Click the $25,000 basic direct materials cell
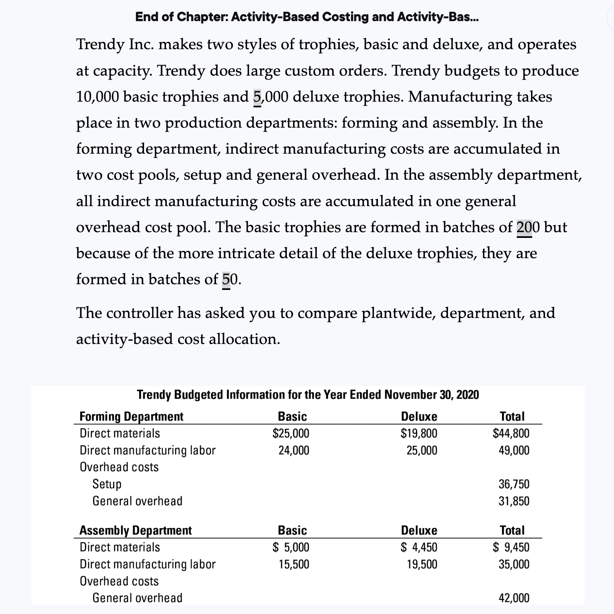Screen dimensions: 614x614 tap(291, 433)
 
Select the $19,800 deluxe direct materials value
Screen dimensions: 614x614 tap(419, 433)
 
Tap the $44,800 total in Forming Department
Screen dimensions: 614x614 tap(511, 433)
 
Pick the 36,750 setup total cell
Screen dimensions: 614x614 tap(514, 484)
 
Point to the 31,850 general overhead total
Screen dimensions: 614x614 tap(514, 501)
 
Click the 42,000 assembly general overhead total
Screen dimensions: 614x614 tap(514, 598)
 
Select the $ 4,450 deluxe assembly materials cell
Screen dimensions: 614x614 tap(419, 547)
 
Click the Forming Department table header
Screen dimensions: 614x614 tap(131, 416)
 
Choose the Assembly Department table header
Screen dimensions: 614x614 tap(135, 530)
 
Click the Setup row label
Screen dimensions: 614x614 tap(107, 484)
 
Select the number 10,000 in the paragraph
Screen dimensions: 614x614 tap(97, 97)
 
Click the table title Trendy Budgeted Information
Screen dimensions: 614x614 tap(308, 394)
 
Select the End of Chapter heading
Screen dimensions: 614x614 tap(307, 17)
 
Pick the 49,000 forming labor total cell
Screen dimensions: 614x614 tap(514, 451)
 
